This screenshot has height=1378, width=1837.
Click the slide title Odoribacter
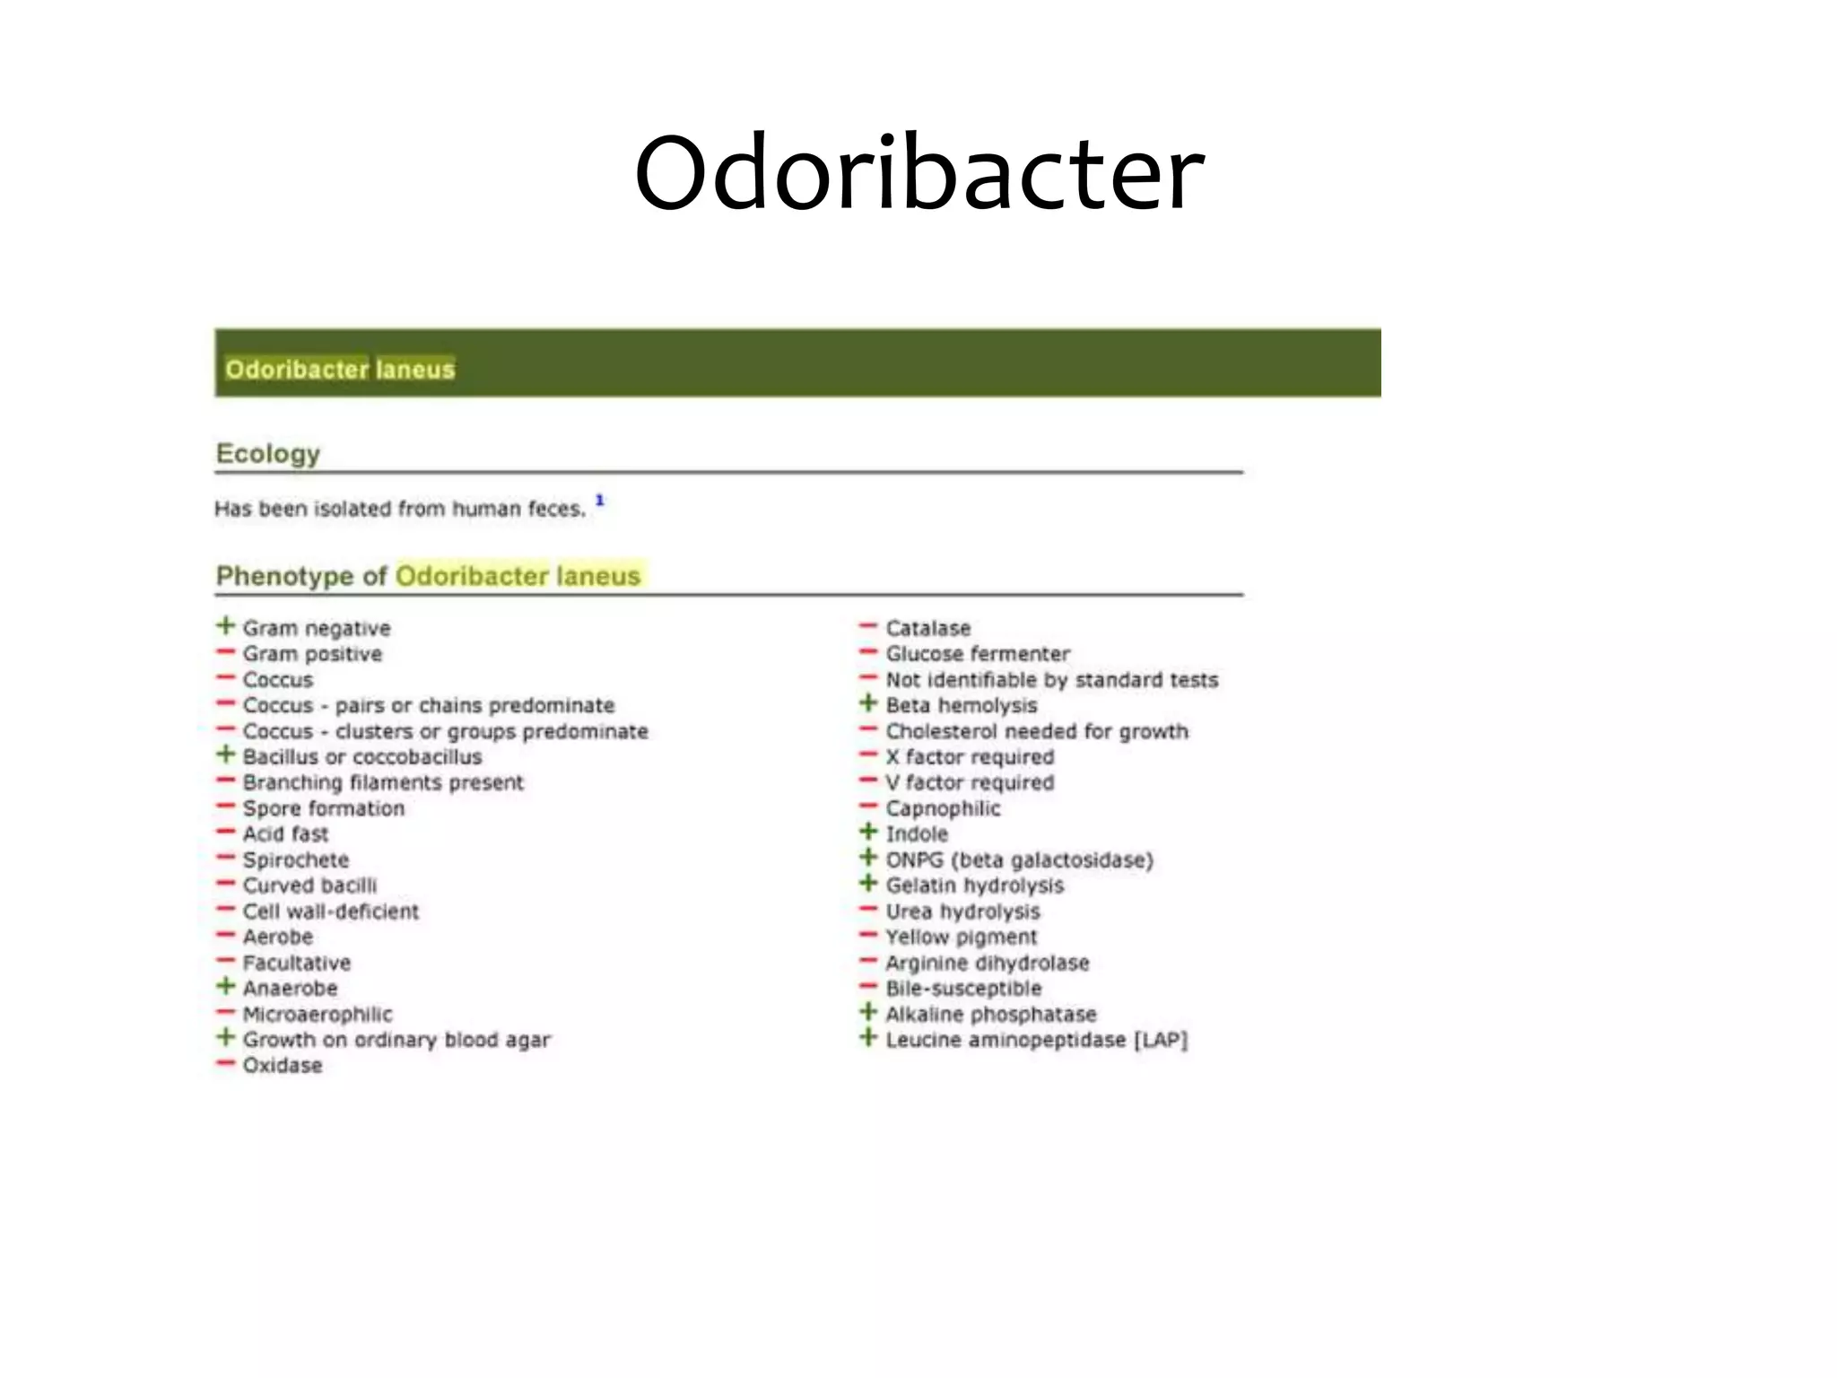pyautogui.click(x=918, y=172)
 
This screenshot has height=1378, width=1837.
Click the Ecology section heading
pyautogui.click(x=267, y=454)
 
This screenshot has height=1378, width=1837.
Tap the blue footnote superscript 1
pyautogui.click(x=600, y=501)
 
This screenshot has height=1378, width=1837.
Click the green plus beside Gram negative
pyautogui.click(x=226, y=625)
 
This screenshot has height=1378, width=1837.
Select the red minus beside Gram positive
pyautogui.click(x=226, y=652)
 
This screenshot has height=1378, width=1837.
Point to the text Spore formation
pyautogui.click(x=323, y=808)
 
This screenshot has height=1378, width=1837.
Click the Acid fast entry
pyautogui.click(x=285, y=834)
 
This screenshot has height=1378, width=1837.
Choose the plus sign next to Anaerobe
pyautogui.click(x=226, y=986)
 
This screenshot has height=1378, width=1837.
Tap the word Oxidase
pyautogui.click(x=282, y=1066)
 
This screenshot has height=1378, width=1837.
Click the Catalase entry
pyautogui.click(x=927, y=628)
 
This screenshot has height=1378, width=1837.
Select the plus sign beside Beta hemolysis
pyautogui.click(x=868, y=703)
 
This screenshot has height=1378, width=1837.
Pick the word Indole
pyautogui.click(x=916, y=834)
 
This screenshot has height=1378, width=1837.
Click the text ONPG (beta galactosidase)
pyautogui.click(x=1019, y=860)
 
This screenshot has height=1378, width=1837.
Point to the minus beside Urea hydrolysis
pyautogui.click(x=868, y=910)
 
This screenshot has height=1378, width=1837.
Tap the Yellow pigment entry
pyautogui.click(x=961, y=938)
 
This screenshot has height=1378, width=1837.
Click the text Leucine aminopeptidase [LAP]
pyautogui.click(x=1036, y=1041)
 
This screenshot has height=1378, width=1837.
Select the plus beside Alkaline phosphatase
pyautogui.click(x=868, y=1012)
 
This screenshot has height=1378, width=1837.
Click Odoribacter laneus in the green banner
pyautogui.click(x=340, y=370)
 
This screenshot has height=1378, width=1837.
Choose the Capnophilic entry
pyautogui.click(x=943, y=808)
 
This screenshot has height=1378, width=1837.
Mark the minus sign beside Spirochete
pyautogui.click(x=226, y=858)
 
